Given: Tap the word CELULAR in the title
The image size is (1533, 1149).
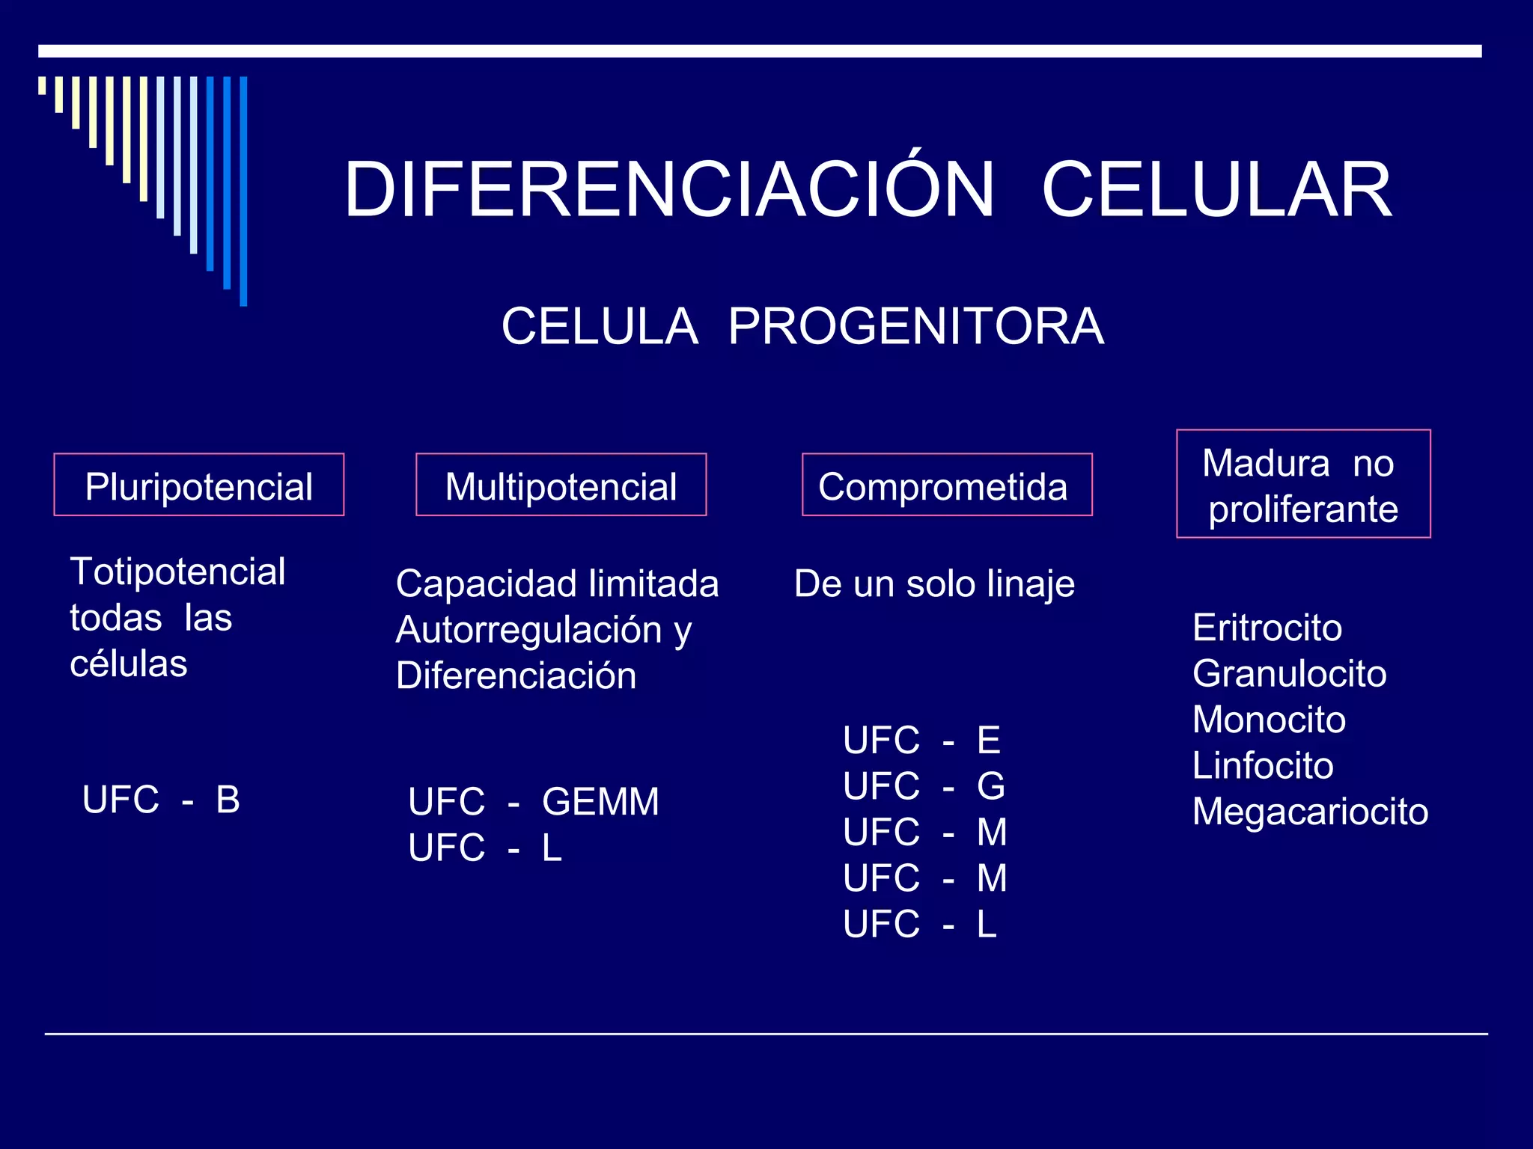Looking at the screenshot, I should click(x=1216, y=191).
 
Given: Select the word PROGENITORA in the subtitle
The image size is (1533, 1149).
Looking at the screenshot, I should click(x=915, y=326).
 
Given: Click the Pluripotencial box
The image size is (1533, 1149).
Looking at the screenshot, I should click(x=198, y=485).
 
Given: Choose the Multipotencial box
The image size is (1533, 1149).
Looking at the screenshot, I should click(x=561, y=485).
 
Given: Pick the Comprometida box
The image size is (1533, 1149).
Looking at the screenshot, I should click(x=946, y=485).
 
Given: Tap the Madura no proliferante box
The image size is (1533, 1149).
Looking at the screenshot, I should click(x=1302, y=484).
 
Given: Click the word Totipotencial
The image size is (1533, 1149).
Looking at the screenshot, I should click(x=177, y=572).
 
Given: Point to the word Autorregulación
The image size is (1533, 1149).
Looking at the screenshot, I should click(x=528, y=629).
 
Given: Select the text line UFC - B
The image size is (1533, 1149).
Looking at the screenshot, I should click(x=161, y=800).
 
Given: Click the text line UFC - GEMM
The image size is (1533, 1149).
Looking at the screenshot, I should click(x=533, y=801).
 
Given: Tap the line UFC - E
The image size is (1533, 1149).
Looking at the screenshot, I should click(x=921, y=740).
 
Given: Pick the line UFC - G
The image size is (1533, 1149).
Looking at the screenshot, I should click(x=924, y=785).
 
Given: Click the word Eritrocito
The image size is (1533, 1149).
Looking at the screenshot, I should click(x=1267, y=627).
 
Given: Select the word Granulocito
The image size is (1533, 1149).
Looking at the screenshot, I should click(x=1289, y=673).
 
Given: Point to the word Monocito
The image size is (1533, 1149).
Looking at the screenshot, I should click(x=1269, y=720).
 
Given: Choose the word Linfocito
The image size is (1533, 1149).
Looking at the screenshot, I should click(x=1263, y=765).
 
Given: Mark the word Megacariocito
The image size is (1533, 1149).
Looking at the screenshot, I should click(x=1310, y=812).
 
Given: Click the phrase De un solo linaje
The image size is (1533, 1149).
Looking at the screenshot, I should click(x=934, y=583).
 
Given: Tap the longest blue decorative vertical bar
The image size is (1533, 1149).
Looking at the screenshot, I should click(x=243, y=191).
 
